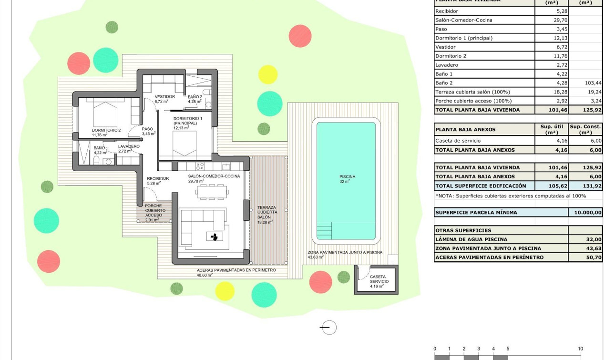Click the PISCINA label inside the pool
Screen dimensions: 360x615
pyautogui.click(x=347, y=177)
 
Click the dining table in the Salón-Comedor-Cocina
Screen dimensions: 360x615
pyautogui.click(x=211, y=191)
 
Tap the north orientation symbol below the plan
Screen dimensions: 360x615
pyautogui.click(x=328, y=328)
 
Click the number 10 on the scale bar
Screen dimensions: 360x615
pyautogui.click(x=580, y=349)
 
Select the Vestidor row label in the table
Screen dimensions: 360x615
pyautogui.click(x=445, y=47)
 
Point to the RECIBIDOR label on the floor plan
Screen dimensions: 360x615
pyautogui.click(x=158, y=178)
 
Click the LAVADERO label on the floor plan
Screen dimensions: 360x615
pyautogui.click(x=129, y=146)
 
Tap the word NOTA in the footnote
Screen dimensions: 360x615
pyautogui.click(x=446, y=196)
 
